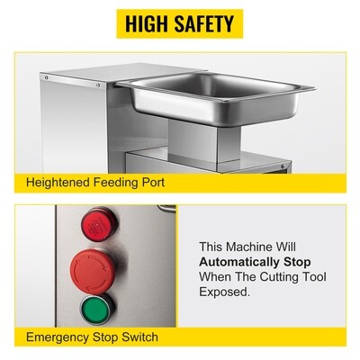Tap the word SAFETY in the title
pyautogui.click(x=204, y=23)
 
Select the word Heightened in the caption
pyautogui.click(x=58, y=183)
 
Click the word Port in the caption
pyautogui.click(x=153, y=183)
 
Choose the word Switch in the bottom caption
pyautogui.click(x=139, y=337)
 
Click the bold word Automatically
pyautogui.click(x=238, y=262)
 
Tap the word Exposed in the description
pyautogui.click(x=223, y=292)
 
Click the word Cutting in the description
pyautogui.click(x=277, y=277)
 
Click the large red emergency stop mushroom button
pyautogui.click(x=92, y=271)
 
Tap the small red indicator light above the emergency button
pyautogui.click(x=98, y=224)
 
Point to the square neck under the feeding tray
pyautogui.click(x=204, y=140)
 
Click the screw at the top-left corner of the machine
pyautogui.click(x=46, y=77)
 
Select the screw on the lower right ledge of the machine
pyautogui.click(x=283, y=166)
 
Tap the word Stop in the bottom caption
pyautogui.click(x=105, y=337)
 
